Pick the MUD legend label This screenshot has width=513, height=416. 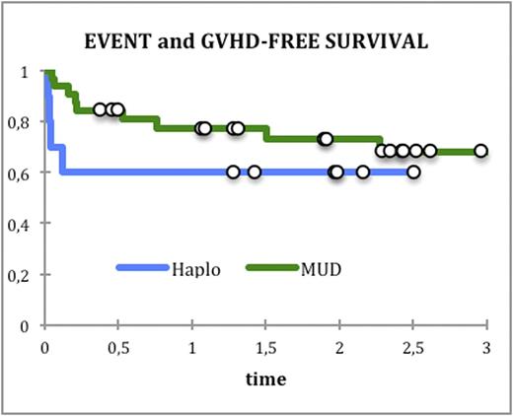click(320, 268)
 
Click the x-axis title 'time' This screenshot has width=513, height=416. click(265, 380)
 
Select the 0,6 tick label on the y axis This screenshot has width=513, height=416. click(24, 173)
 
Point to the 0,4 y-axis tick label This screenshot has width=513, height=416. click(24, 224)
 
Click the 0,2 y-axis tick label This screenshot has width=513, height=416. click(24, 275)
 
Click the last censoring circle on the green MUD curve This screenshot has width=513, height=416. click(480, 151)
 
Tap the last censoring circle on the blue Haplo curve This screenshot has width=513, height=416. click(413, 172)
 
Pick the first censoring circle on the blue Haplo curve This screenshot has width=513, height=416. click(233, 172)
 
